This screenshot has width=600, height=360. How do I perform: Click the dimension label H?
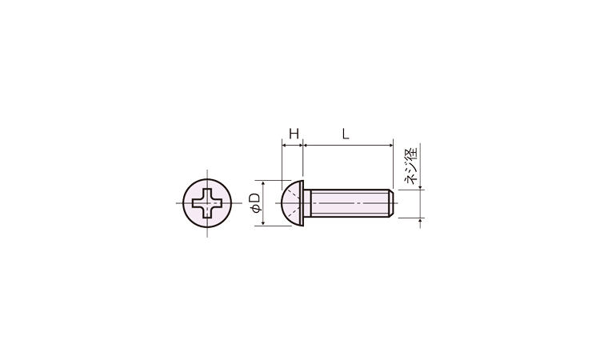[293, 134]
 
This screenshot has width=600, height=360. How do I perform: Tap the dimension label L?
[346, 134]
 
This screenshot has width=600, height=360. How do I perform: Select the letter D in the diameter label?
[255, 198]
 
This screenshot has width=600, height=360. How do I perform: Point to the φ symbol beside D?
[255, 210]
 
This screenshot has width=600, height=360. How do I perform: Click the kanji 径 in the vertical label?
[413, 154]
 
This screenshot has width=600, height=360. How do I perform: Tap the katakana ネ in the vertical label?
[413, 179]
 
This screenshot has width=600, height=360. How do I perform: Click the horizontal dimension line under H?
[293, 145]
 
